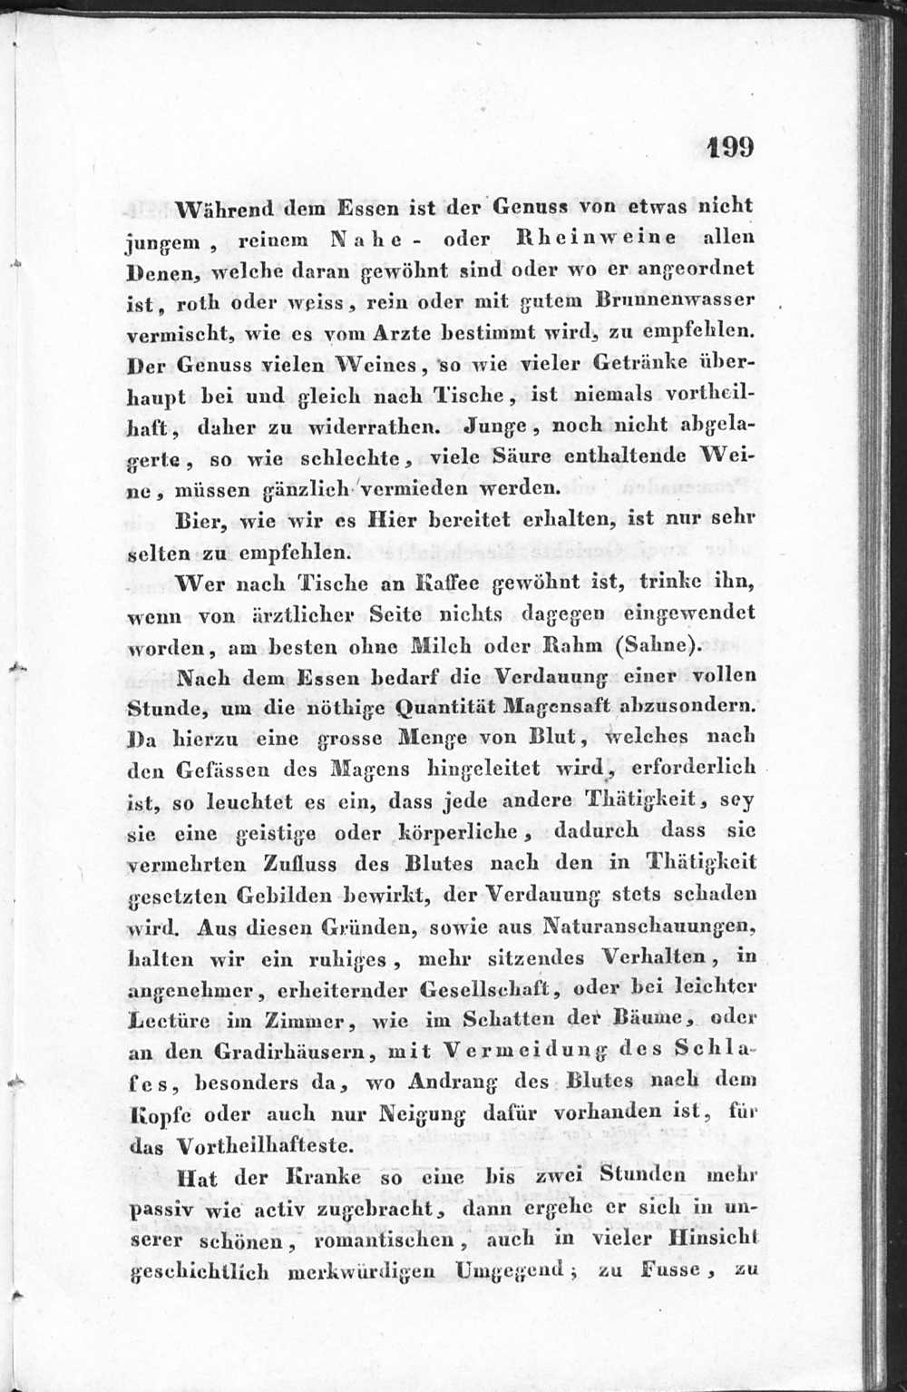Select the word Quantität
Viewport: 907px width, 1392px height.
(x=436, y=705)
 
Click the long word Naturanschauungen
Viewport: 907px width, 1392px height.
(x=648, y=926)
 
